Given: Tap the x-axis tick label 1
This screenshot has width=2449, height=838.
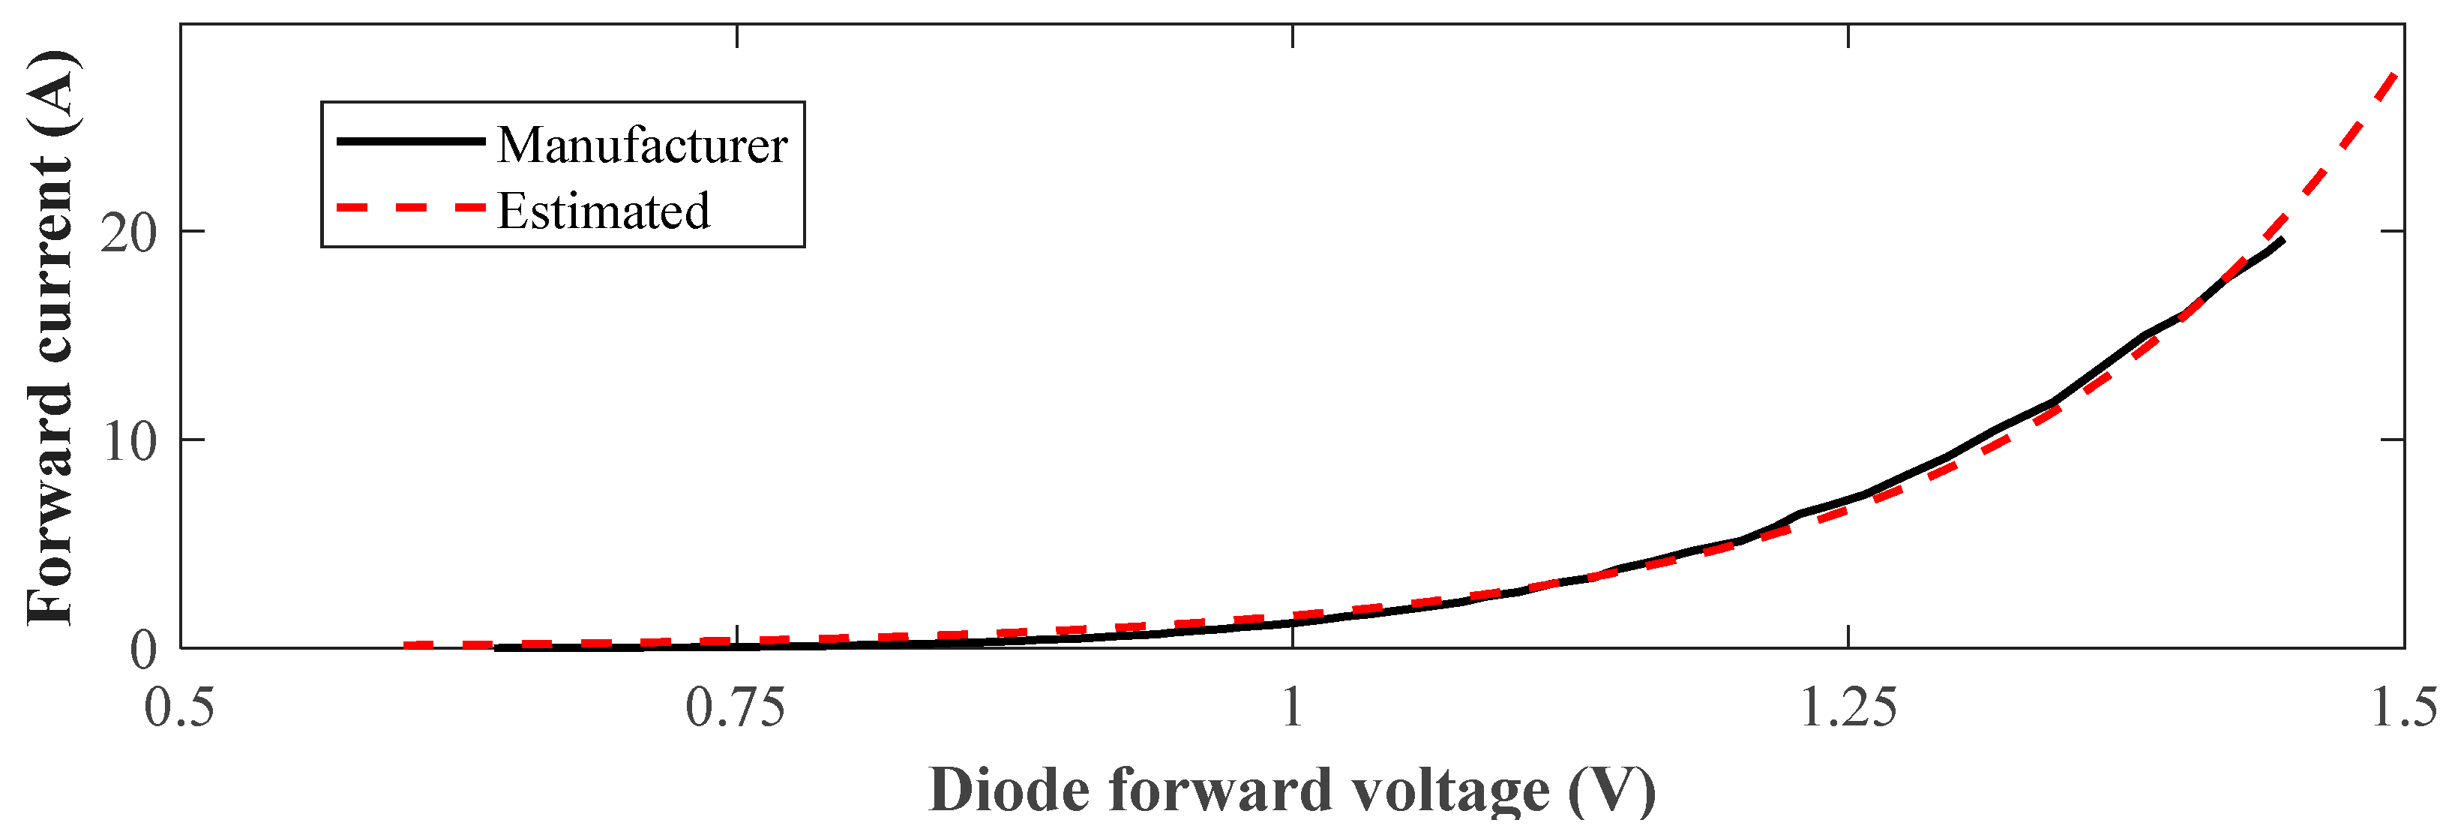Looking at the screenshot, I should click(x=1292, y=710).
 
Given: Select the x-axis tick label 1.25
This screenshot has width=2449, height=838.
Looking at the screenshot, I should click(x=1848, y=710).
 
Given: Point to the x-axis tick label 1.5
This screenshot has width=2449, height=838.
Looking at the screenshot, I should click(x=2404, y=710).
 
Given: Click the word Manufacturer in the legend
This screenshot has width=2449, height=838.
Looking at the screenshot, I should click(x=643, y=146).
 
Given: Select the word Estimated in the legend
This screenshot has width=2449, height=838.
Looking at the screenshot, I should click(x=604, y=211).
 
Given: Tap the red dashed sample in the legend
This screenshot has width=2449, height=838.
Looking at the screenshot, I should click(x=411, y=207).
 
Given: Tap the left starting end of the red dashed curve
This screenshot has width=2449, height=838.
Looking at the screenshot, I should click(x=406, y=647).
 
